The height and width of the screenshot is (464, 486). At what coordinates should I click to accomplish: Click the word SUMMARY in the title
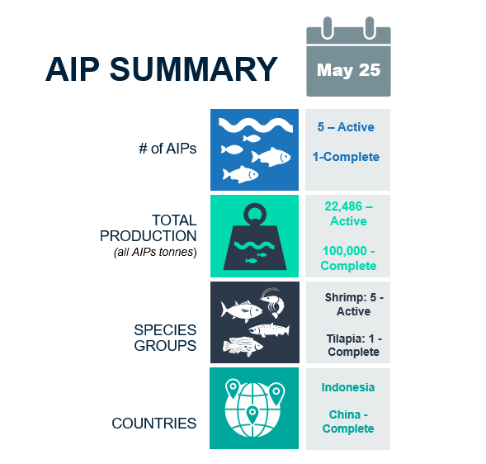pos(193,69)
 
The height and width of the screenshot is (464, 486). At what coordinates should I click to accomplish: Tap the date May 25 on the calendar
pos(348,70)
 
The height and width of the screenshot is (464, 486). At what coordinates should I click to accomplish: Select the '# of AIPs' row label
pos(168,149)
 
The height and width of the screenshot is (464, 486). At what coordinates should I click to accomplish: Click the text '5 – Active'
pos(346,127)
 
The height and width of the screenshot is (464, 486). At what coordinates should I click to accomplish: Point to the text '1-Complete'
pos(346,157)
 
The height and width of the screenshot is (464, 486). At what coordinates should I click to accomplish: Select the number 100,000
pos(344,251)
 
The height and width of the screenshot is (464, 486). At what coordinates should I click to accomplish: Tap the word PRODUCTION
pos(149,236)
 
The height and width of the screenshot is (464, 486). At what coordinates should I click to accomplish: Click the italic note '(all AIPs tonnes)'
pos(155,252)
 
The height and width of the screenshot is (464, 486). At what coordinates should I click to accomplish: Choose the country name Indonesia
pos(348,387)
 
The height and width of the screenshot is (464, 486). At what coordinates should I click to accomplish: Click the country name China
pos(345,414)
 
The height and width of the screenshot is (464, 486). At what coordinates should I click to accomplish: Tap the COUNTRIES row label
pos(154,424)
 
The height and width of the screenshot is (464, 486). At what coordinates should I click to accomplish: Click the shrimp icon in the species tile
pos(273,302)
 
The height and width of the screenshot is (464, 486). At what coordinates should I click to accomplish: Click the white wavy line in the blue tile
pos(256,125)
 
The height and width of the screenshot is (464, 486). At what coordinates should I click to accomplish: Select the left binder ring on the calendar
pos(328,28)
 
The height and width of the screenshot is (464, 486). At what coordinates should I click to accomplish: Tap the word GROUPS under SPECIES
pos(165,345)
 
